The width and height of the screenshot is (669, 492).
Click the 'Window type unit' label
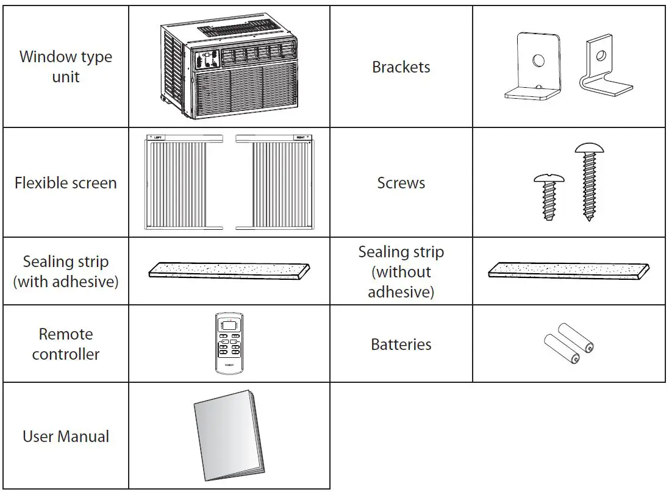click(x=66, y=67)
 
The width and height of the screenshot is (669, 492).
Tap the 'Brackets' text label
click(x=401, y=67)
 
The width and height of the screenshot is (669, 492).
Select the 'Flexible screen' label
click(x=66, y=183)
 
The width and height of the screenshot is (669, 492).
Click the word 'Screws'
click(x=401, y=183)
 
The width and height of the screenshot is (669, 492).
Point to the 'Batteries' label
click(x=401, y=344)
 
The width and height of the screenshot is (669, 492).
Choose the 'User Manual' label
click(x=66, y=437)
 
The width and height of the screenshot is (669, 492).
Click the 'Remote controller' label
click(x=66, y=344)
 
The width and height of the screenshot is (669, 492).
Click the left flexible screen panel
click(x=182, y=183)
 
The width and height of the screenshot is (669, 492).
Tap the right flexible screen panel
click(x=275, y=183)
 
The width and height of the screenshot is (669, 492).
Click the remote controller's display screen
click(x=229, y=327)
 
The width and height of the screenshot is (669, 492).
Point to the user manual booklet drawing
click(x=229, y=436)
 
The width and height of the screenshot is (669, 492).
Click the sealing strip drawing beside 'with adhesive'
click(x=229, y=270)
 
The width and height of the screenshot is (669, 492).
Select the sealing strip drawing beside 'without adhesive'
click(x=568, y=270)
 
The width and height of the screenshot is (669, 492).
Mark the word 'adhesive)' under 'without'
click(x=401, y=292)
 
